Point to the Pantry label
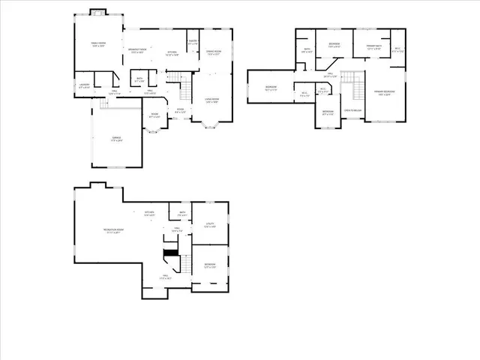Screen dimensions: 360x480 [x=193, y=41]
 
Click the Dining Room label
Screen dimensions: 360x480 [x=215, y=52]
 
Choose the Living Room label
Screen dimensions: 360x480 [x=211, y=100]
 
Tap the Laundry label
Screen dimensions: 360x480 [x=84, y=85]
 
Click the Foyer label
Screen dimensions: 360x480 [x=180, y=109]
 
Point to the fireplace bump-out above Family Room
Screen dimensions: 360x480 [x=99, y=13]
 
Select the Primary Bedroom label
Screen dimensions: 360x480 [x=385, y=94]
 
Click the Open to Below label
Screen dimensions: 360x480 [x=352, y=110]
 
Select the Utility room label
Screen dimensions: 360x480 [x=210, y=225]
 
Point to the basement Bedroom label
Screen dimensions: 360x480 [x=210, y=265]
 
